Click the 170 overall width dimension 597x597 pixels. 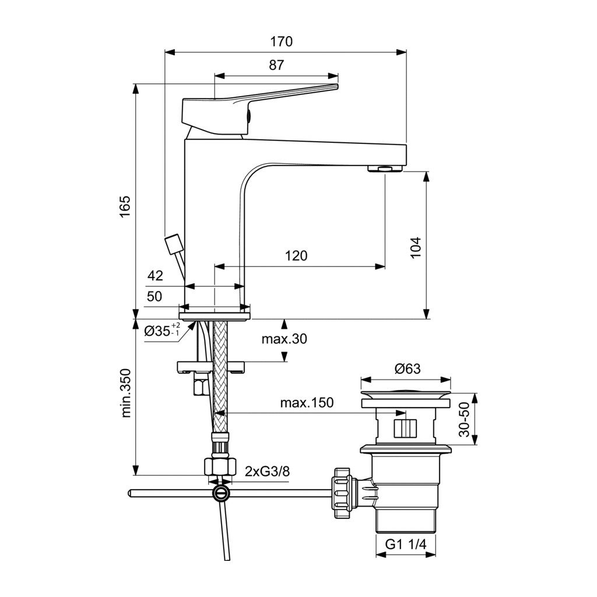pyautogui.click(x=282, y=41)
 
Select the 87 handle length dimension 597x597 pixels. pyautogui.click(x=276, y=65)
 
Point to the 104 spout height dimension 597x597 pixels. pyautogui.click(x=416, y=247)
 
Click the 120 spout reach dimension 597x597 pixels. pyautogui.click(x=296, y=255)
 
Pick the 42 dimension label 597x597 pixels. pyautogui.click(x=155, y=275)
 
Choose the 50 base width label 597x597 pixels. pyautogui.click(x=154, y=296)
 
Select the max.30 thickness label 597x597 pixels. pyautogui.click(x=284, y=339)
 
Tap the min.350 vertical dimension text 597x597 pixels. pyautogui.click(x=126, y=393)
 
